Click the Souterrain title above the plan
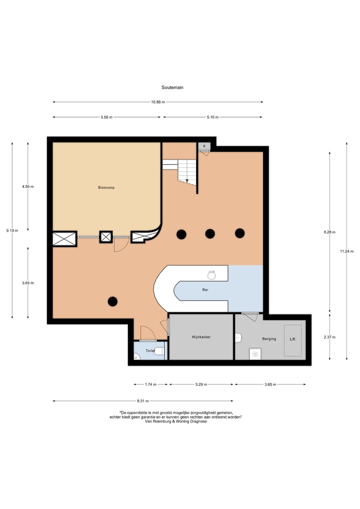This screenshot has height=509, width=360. click(x=172, y=87)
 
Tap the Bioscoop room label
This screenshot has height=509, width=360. click(x=106, y=187)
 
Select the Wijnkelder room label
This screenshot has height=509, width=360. click(x=201, y=337)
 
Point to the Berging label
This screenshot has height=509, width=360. click(x=269, y=338)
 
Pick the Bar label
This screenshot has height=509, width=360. click(x=205, y=289)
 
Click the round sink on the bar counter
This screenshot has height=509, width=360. click(x=211, y=275)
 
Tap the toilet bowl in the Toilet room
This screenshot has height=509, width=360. click(x=159, y=351)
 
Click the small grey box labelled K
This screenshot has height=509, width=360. click(x=204, y=146)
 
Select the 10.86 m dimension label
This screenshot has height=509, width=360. click(x=158, y=102)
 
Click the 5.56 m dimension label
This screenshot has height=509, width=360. click(x=106, y=117)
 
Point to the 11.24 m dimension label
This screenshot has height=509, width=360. click(x=346, y=251)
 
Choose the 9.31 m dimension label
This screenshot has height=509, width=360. click(x=143, y=401)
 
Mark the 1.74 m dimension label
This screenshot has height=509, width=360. click(x=150, y=384)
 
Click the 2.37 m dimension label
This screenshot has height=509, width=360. click(x=329, y=337)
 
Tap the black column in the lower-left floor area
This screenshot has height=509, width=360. click(x=112, y=301)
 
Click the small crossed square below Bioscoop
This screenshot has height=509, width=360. click(x=106, y=237)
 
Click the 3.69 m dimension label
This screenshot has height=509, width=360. click(x=28, y=282)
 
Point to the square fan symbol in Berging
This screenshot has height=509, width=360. click(x=255, y=354)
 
